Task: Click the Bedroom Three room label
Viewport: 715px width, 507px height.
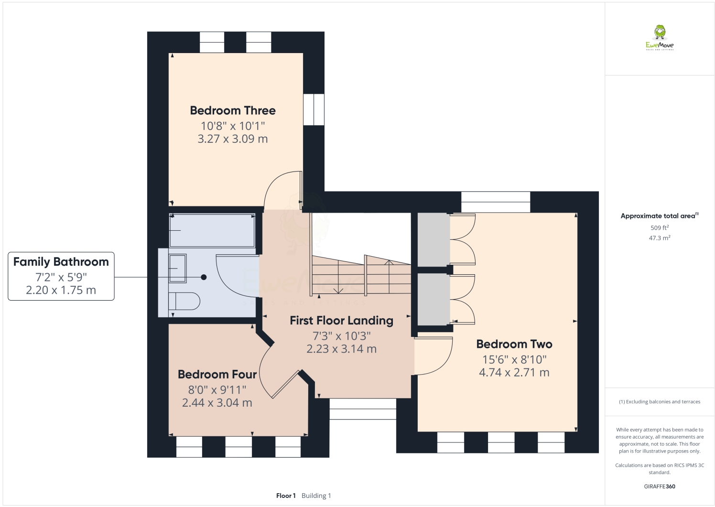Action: (233, 110)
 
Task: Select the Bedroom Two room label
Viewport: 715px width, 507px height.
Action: (514, 344)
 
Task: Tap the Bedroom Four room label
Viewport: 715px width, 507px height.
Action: (217, 374)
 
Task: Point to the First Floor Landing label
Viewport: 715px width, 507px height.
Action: (341, 321)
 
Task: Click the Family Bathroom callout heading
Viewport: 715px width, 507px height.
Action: (61, 262)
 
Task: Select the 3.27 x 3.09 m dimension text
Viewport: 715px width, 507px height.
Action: (233, 139)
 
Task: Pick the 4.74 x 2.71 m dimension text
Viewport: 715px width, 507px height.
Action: (514, 373)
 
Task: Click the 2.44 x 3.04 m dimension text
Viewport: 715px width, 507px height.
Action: (217, 403)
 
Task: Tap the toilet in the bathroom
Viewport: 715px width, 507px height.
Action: (184, 301)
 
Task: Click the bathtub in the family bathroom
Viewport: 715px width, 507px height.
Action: (212, 230)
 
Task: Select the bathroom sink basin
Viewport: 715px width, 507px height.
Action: (177, 268)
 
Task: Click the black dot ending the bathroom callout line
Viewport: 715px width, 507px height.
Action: (204, 277)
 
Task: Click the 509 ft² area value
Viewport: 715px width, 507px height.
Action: (660, 228)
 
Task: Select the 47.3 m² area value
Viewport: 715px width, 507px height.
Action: (660, 238)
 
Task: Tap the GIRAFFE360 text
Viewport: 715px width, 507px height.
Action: (660, 486)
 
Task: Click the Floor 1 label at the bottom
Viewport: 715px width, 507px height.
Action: (286, 496)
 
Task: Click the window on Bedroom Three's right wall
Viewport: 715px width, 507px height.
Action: (314, 109)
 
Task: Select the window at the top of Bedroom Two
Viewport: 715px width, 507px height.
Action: (496, 202)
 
